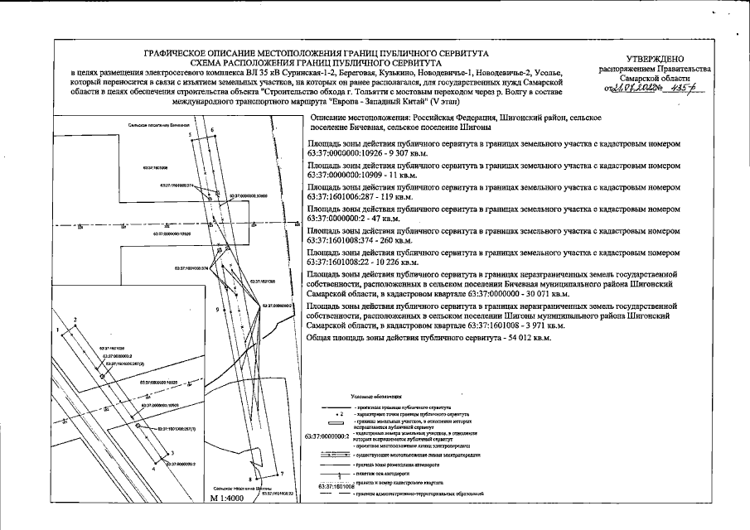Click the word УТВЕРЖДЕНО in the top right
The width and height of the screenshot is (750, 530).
click(655, 59)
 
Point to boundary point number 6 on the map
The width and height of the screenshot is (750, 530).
click(211, 131)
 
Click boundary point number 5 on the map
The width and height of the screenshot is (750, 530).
click(189, 133)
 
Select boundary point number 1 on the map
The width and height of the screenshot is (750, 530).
click(58, 330)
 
